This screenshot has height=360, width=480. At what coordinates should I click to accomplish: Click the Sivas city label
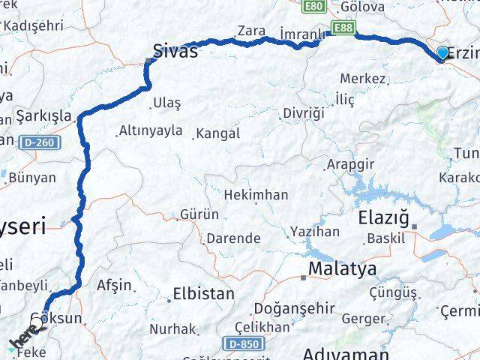coord(175,51)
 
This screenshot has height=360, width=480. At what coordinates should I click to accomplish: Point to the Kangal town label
coord(217,134)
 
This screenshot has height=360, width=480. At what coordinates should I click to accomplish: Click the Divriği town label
coord(304,112)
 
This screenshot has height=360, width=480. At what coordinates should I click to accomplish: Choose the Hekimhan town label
coord(256,194)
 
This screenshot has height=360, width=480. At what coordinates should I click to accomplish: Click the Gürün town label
coord(199,214)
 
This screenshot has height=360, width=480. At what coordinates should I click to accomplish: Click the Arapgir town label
coord(349,163)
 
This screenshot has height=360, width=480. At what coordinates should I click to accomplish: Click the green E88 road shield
coord(343,28)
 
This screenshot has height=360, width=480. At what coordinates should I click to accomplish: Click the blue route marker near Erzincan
coord(443,52)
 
